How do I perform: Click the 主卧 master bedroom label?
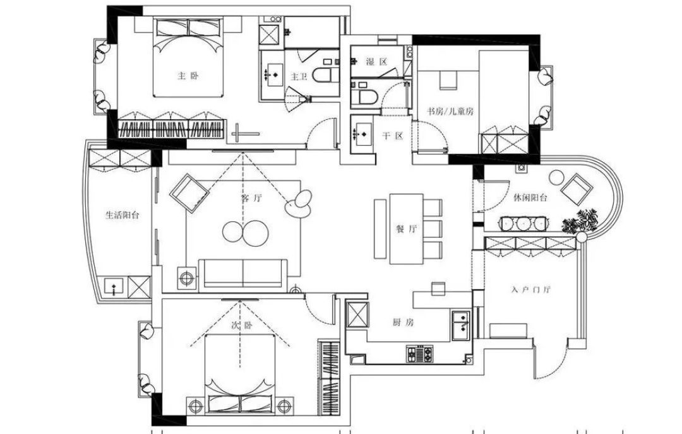pyautogui.click(x=188, y=76)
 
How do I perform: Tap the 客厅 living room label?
pyautogui.click(x=251, y=199)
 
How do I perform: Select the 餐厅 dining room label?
pyautogui.click(x=407, y=229)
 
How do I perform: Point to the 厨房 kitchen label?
pyautogui.click(x=404, y=322)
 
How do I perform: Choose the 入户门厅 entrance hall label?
pyautogui.click(x=531, y=290)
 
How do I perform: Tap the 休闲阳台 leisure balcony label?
pyautogui.click(x=530, y=197)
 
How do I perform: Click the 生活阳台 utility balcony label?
pyautogui.click(x=123, y=214)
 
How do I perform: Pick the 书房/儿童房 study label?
pyautogui.click(x=450, y=111)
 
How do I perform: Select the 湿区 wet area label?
pyautogui.click(x=376, y=62)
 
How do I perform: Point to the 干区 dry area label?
pyautogui.click(x=393, y=136)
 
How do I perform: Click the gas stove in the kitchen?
pyautogui.click(x=421, y=354)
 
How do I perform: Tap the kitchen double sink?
pyautogui.click(x=461, y=325)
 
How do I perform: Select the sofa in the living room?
pyautogui.click(x=243, y=273)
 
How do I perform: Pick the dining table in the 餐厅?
pyautogui.click(x=406, y=228)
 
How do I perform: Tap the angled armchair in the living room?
pyautogui.click(x=189, y=193)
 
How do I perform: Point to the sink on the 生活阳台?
pyautogui.click(x=114, y=287)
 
